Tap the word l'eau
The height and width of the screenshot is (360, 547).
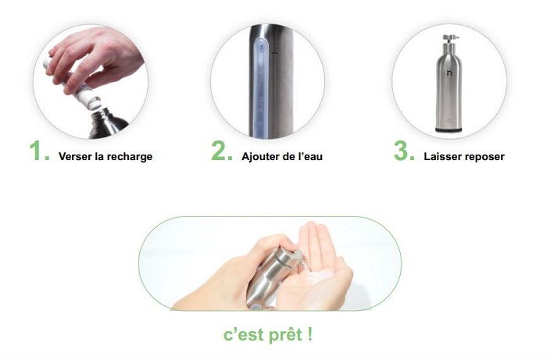click(310, 156)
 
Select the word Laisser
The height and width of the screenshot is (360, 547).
click(440, 156)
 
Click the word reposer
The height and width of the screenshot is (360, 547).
click(483, 157)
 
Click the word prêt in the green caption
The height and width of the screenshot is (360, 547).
click(286, 334)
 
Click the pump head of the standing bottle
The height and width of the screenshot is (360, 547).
click(449, 39)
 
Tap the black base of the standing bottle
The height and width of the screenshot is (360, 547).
click(449, 130)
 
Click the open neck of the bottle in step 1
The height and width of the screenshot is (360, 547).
click(98, 113)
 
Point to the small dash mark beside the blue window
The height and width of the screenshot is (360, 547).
click(274, 53)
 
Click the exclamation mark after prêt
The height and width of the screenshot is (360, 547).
click(310, 334)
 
